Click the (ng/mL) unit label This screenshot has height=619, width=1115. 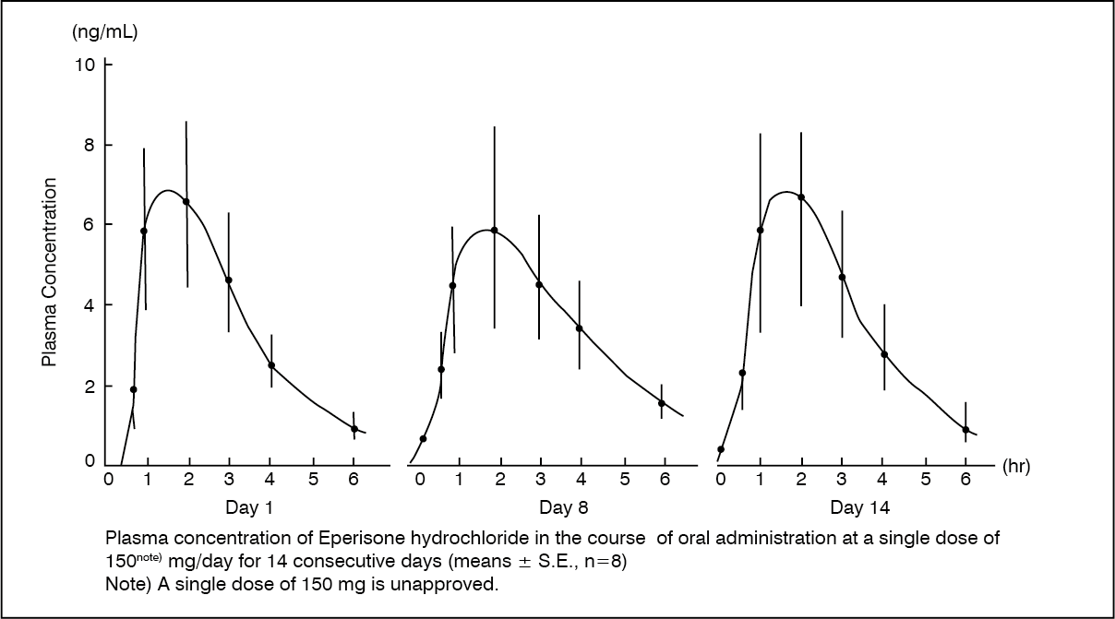(x=104, y=33)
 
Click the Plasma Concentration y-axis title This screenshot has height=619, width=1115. (x=49, y=273)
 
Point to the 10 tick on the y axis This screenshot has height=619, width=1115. (x=85, y=65)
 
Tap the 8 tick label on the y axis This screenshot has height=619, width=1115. (x=90, y=145)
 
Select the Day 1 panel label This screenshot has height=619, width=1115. (x=248, y=506)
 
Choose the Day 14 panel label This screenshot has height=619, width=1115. (x=860, y=506)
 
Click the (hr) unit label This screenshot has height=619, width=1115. (x=1015, y=467)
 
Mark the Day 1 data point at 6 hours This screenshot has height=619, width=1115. (x=354, y=428)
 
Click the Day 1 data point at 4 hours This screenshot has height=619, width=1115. (x=271, y=365)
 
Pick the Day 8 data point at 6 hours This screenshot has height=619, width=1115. (x=662, y=403)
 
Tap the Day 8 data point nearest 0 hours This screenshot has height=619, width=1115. (x=423, y=438)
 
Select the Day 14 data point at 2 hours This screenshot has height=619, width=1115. (x=801, y=197)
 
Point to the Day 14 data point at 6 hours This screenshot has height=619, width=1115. (x=965, y=430)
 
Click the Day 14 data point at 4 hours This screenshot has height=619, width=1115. (x=884, y=354)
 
